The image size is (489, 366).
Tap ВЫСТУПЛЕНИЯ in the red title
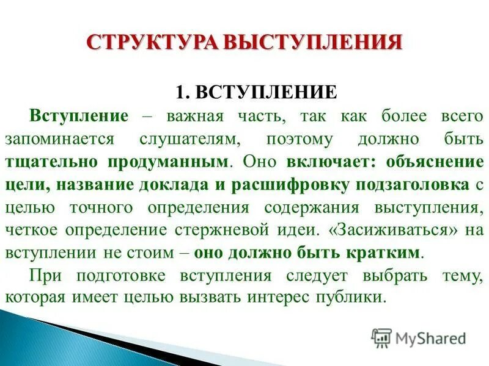(x=312, y=42)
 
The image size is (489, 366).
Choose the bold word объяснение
(x=428, y=163)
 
